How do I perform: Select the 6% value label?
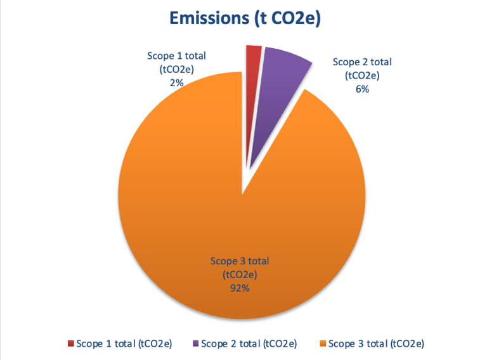(363, 89)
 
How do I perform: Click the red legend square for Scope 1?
(70, 344)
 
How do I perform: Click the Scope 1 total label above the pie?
(176, 56)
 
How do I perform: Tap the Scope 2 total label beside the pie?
(362, 62)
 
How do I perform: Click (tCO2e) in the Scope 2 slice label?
(362, 76)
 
